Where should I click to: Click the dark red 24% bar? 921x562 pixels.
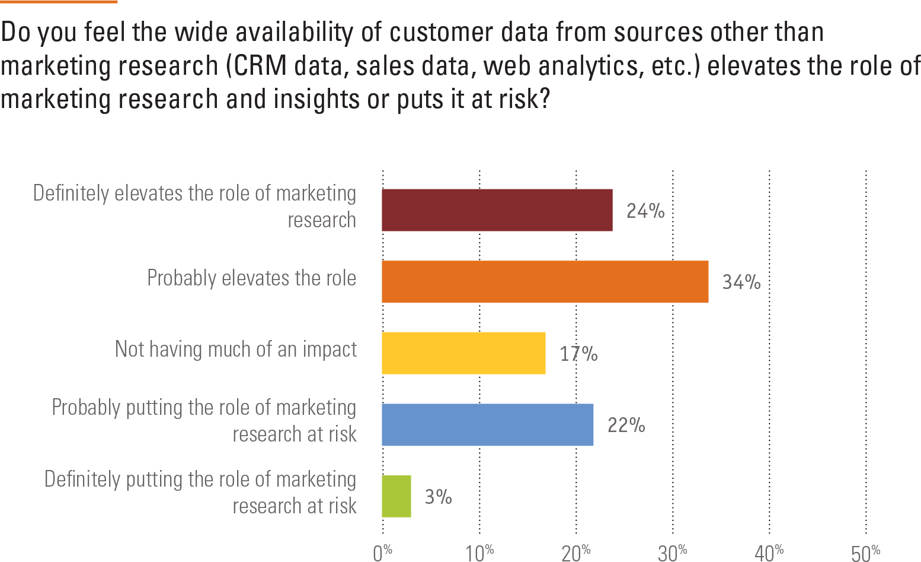(497, 210)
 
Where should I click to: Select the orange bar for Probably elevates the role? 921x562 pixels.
(545, 282)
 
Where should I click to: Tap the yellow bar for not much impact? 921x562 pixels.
(463, 353)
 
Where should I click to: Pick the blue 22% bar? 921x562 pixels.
(487, 425)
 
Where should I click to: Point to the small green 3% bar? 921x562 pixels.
(396, 496)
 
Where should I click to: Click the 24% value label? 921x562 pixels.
(645, 211)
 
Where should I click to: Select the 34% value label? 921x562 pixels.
(741, 282)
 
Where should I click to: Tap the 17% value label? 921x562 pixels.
(578, 354)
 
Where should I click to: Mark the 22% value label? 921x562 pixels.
(626, 425)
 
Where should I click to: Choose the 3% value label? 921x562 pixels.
(439, 496)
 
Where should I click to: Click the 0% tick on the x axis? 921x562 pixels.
(383, 553)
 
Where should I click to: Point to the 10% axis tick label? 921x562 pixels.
(479, 553)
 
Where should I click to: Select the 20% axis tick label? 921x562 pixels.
(576, 553)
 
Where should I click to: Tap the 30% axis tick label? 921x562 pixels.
(673, 553)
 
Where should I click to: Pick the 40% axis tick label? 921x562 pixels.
(769, 553)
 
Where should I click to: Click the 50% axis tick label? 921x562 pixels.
(866, 553)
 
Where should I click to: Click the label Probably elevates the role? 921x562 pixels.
(251, 278)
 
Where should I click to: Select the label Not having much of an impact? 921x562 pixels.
(236, 350)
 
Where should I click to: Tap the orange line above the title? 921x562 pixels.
(59, 2)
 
